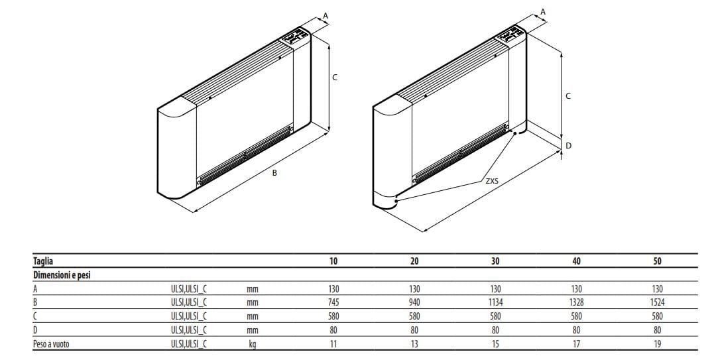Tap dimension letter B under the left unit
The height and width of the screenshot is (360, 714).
pyautogui.click(x=274, y=173)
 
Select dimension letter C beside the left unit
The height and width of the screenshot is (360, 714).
pyautogui.click(x=334, y=78)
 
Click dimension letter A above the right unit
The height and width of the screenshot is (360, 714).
pyautogui.click(x=543, y=12)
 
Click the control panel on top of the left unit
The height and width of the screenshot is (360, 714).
pyautogui.click(x=294, y=37)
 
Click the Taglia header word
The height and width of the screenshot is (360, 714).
pyautogui.click(x=44, y=261)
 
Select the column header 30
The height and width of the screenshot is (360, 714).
pyautogui.click(x=495, y=261)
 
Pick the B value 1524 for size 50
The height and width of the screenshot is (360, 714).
pyautogui.click(x=657, y=302)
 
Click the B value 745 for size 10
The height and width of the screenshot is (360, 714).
pyautogui.click(x=333, y=302)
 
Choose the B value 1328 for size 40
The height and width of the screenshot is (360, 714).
pyautogui.click(x=576, y=302)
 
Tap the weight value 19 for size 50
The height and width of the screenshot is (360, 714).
pyautogui.click(x=657, y=343)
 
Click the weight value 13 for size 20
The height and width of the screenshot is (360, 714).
pyautogui.click(x=414, y=343)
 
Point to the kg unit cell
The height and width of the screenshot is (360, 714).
pyautogui.click(x=252, y=343)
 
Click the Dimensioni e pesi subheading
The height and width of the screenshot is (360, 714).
pyautogui.click(x=62, y=275)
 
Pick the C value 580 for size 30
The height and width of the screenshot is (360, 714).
pyautogui.click(x=495, y=316)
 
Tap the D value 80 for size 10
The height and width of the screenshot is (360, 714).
pyautogui.click(x=333, y=330)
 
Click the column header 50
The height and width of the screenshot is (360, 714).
pyautogui.click(x=657, y=261)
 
